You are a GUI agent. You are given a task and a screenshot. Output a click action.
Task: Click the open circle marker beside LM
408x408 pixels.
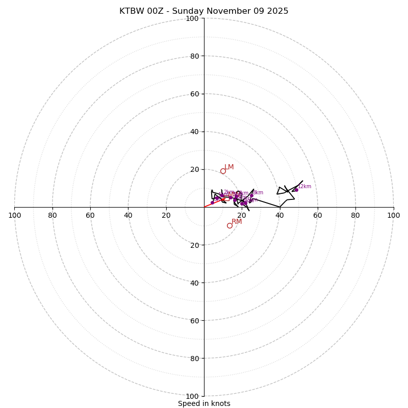(x=223, y=171)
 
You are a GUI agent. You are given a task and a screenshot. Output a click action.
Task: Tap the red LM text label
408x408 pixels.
(x=229, y=167)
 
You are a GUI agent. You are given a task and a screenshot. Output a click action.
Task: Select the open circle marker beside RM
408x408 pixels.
(x=229, y=225)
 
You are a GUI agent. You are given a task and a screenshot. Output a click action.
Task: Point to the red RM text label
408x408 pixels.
(x=237, y=222)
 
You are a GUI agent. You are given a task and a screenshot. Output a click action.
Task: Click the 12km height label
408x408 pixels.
(x=304, y=187)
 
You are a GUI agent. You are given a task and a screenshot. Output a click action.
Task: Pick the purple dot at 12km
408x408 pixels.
(x=296, y=190)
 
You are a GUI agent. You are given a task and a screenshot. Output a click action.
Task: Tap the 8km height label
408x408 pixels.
(x=258, y=193)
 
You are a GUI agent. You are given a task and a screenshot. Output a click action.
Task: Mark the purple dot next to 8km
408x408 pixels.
(x=251, y=195)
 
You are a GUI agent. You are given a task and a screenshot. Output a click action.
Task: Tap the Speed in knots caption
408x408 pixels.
(x=204, y=404)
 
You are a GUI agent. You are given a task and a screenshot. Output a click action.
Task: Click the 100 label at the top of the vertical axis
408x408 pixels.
(x=192, y=19)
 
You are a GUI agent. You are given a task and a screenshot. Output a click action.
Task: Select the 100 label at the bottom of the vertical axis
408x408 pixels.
(x=192, y=396)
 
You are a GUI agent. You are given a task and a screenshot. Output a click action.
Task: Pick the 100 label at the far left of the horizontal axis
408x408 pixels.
(x=15, y=215)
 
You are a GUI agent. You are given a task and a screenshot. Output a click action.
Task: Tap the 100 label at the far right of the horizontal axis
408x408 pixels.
(x=393, y=215)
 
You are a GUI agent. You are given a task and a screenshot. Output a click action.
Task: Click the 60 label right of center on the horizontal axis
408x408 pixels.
(x=318, y=215)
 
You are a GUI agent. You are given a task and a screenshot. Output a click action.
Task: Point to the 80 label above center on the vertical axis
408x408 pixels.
(x=194, y=56)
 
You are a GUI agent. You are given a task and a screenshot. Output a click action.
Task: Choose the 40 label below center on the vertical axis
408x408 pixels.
(x=194, y=283)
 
